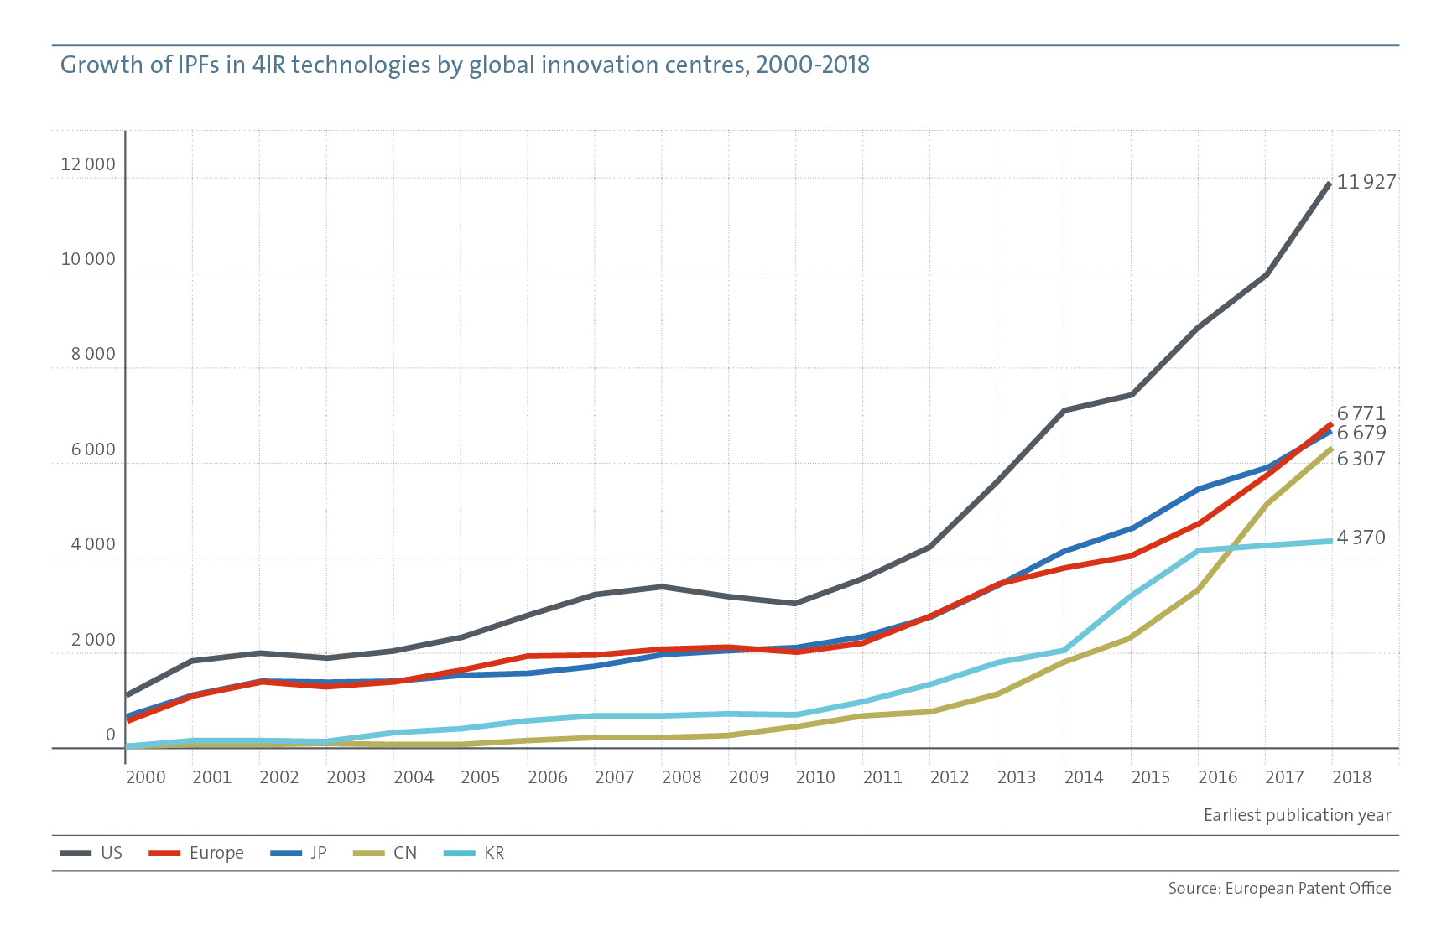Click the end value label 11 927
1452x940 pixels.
tap(1366, 182)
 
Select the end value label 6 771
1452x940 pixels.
tap(1361, 413)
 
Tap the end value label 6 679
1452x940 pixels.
tap(1361, 433)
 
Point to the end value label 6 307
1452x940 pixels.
tap(1361, 459)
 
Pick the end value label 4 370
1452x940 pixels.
tap(1361, 538)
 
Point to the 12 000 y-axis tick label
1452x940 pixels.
tap(88, 164)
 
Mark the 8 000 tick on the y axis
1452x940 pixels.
tap(93, 354)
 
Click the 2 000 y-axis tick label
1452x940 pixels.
tap(93, 640)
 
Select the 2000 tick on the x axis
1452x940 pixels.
tap(145, 777)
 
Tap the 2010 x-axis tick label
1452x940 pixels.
tap(814, 777)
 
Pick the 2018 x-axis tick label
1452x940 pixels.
tap(1351, 777)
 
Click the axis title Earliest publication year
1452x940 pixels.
tap(1297, 815)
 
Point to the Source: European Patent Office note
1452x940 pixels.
tap(1279, 888)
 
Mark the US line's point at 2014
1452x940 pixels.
tap(1064, 410)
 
